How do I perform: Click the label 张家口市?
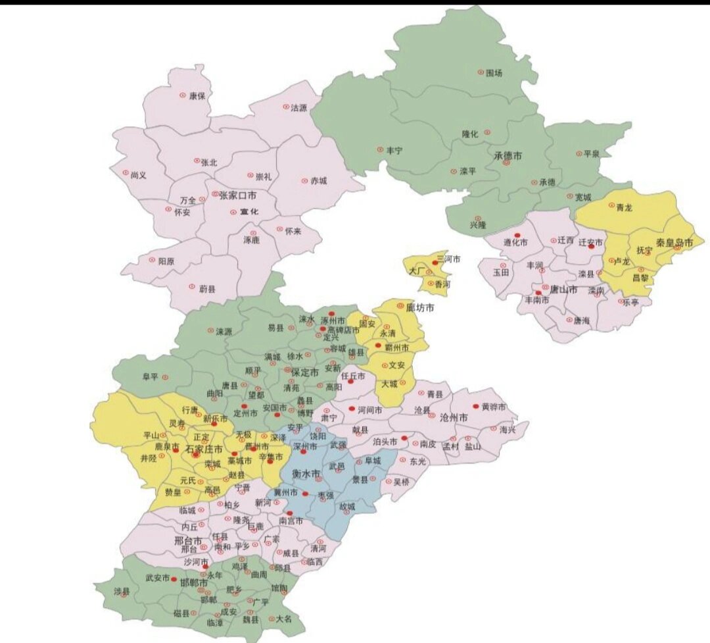click(x=233, y=195)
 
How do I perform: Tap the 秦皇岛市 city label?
click(x=674, y=242)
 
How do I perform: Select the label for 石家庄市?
click(x=204, y=450)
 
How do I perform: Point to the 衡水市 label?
click(x=306, y=474)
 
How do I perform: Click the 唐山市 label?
click(x=563, y=290)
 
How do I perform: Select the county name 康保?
click(x=197, y=95)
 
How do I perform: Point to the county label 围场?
click(x=494, y=73)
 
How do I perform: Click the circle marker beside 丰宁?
click(x=379, y=149)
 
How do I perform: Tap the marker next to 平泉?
click(x=578, y=153)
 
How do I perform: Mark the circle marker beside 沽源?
click(x=286, y=107)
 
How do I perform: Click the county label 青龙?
click(x=624, y=207)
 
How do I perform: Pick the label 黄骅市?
click(x=494, y=407)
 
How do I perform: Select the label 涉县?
click(x=122, y=591)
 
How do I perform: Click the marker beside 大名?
click(x=270, y=619)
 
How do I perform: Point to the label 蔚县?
click(x=206, y=288)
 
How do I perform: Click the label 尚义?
click(x=138, y=175)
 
